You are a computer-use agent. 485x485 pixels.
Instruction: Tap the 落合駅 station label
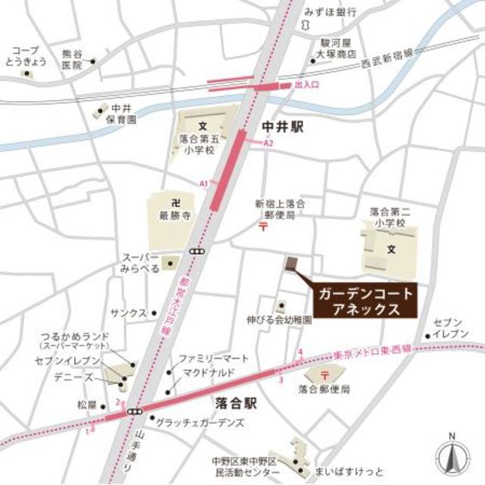(236, 404)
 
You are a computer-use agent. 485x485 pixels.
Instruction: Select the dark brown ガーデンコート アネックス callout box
(363, 302)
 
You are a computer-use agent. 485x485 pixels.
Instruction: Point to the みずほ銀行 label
(330, 13)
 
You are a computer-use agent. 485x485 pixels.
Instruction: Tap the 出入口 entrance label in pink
(311, 85)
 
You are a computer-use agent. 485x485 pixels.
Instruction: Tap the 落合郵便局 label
(324, 390)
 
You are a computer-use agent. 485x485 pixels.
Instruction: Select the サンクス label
(128, 312)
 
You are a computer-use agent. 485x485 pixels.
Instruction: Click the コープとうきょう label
(26, 56)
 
